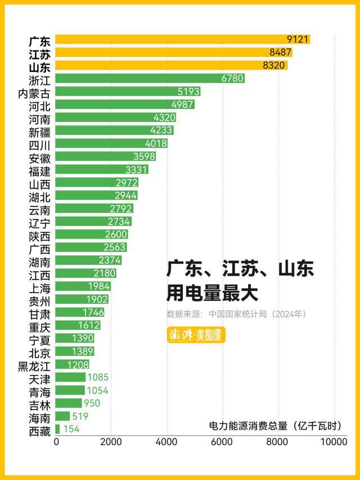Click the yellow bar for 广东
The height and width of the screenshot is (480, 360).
click(183, 39)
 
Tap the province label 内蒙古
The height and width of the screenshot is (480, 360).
click(34, 92)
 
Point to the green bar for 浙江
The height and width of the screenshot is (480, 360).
click(150, 78)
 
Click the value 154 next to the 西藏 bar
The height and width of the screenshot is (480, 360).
click(71, 429)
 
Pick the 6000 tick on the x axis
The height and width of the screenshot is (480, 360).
click(223, 442)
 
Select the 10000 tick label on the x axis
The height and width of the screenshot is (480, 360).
click(333, 442)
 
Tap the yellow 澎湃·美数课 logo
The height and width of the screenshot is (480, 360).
click(196, 335)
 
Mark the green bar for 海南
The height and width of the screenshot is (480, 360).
click(62, 416)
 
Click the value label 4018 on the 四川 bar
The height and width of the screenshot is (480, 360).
click(156, 143)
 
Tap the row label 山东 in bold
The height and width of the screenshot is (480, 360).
click(39, 65)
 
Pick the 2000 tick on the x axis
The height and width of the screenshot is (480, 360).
click(111, 442)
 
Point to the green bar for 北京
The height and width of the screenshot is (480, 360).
click(75, 351)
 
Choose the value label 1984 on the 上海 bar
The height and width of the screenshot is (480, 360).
click(100, 286)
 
